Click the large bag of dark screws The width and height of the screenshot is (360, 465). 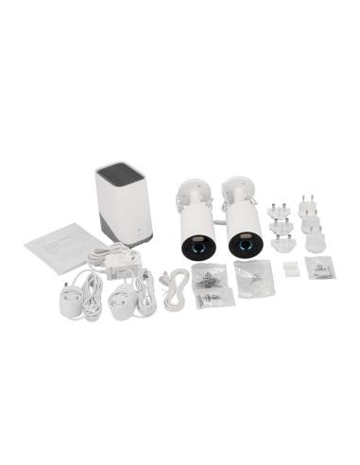pyautogui.click(x=207, y=277)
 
